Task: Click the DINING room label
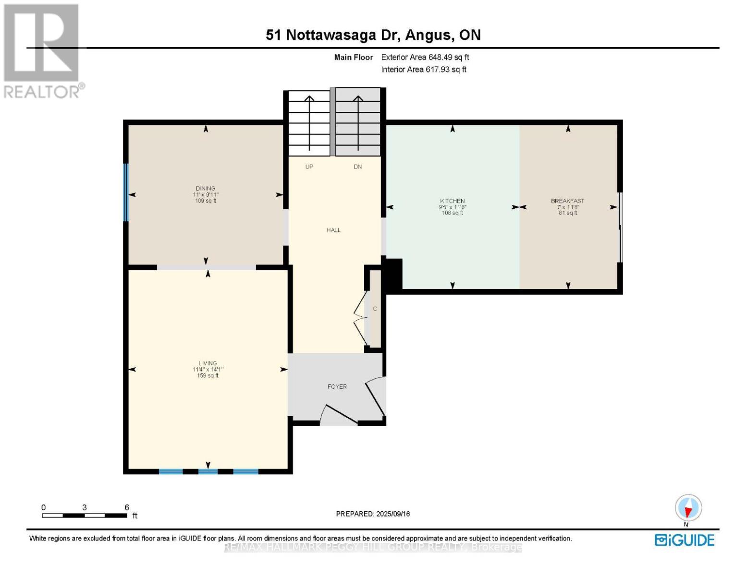click(x=205, y=189)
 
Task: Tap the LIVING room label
click(x=208, y=363)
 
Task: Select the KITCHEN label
click(x=452, y=201)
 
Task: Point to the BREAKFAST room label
click(x=567, y=201)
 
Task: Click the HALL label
click(x=333, y=230)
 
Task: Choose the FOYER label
click(x=337, y=386)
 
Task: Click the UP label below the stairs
click(x=309, y=167)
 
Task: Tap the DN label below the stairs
click(x=357, y=167)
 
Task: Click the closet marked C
click(x=375, y=309)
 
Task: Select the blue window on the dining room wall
click(x=126, y=192)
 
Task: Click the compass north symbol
click(x=688, y=508)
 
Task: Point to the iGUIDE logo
click(x=685, y=540)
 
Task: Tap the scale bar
click(x=85, y=516)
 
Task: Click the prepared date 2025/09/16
click(x=373, y=514)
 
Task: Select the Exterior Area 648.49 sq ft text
click(x=425, y=57)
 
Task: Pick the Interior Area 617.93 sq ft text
click(x=424, y=70)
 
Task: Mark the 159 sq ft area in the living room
click(x=208, y=376)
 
